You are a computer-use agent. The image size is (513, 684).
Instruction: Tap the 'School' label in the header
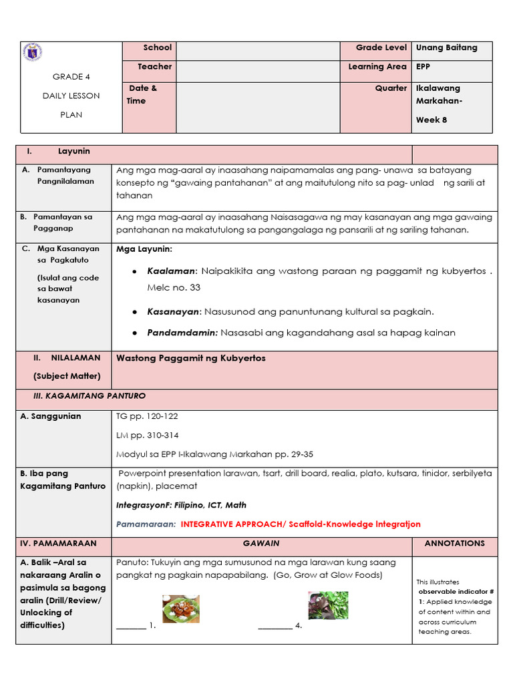pos(157,48)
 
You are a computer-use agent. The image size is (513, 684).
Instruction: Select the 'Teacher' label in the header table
pos(154,67)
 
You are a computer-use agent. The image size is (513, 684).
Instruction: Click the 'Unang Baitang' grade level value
pos(446,48)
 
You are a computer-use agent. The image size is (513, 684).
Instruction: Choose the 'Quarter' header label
pos(391,88)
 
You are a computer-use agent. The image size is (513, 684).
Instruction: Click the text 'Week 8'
pos(432,120)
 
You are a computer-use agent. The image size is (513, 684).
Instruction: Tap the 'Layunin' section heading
pos(73,152)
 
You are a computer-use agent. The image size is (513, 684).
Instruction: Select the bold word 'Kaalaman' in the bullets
pos(172,271)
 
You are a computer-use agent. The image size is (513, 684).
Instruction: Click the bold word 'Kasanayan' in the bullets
pos(174,312)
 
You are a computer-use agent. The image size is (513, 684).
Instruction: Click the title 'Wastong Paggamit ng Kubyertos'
pos(190,359)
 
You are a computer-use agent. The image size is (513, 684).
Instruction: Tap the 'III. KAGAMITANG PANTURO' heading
pos(90,396)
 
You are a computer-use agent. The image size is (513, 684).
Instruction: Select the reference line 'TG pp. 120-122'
pos(147,416)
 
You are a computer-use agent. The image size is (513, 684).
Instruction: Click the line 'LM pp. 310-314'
pos(148,436)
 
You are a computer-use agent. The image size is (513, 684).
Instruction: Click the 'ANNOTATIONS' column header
pos(454,544)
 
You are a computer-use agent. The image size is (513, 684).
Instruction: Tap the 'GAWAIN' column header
pos(261,544)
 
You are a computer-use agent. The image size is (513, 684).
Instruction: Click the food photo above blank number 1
pos(180,609)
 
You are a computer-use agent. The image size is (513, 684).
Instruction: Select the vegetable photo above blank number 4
pos(327,605)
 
